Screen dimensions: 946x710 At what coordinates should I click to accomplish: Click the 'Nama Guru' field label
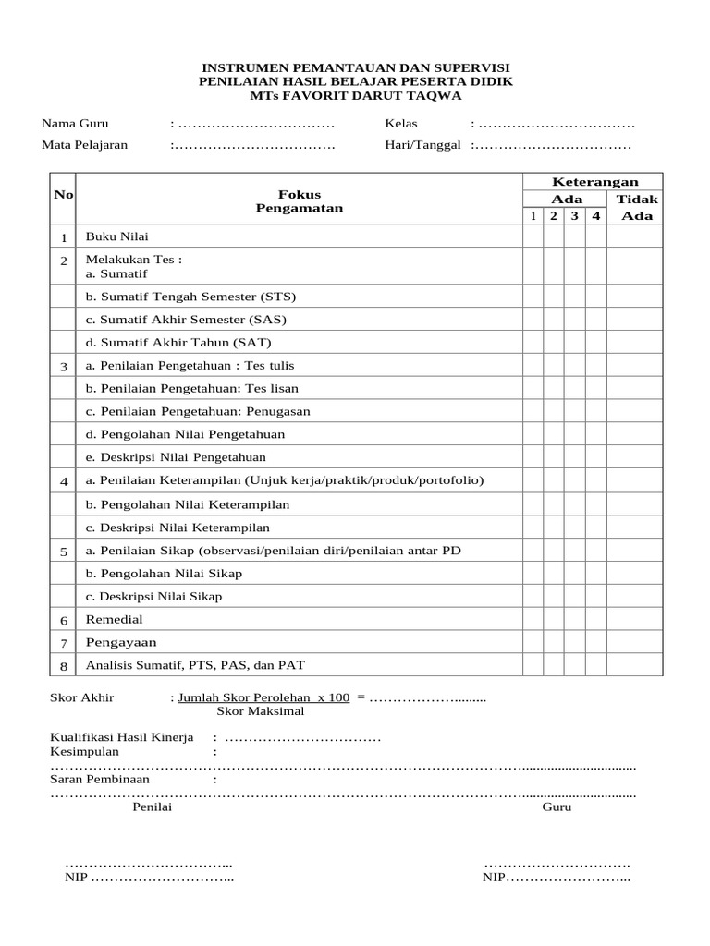tap(74, 124)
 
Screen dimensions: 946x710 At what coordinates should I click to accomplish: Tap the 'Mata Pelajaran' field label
tap(84, 145)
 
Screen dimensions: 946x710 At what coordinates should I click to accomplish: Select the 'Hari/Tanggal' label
tap(422, 145)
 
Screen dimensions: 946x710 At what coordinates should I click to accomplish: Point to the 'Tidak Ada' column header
tap(636, 207)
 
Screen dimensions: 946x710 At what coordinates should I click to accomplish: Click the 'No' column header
tap(64, 194)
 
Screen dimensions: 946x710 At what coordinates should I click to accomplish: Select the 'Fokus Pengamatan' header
tap(300, 201)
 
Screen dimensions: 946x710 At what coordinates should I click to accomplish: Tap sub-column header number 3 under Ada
tap(574, 216)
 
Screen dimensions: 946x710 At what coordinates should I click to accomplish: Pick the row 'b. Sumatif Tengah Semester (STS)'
tap(190, 297)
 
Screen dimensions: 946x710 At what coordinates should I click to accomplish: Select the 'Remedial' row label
tap(115, 619)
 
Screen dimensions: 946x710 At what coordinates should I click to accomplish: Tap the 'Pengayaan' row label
tap(121, 642)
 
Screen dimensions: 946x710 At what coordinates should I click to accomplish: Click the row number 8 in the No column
tap(64, 665)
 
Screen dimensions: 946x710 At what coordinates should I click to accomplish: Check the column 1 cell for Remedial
tap(532, 619)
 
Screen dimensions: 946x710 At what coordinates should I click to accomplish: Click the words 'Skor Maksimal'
tap(260, 711)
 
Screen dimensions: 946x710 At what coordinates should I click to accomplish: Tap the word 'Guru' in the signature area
tap(557, 807)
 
